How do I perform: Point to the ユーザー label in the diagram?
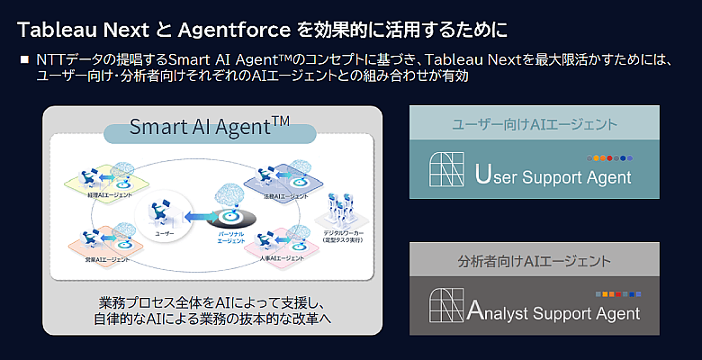pyautogui.click(x=164, y=231)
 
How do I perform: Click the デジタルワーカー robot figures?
pyautogui.click(x=337, y=211)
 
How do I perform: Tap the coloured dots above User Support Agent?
pyautogui.click(x=612, y=157)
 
